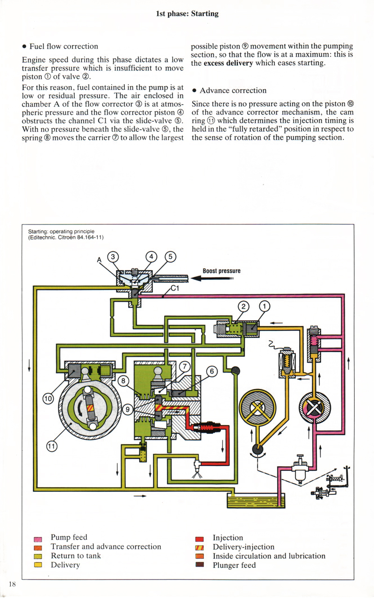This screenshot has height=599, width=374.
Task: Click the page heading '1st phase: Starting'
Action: click(187, 14)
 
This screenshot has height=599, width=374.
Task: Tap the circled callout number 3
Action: click(113, 257)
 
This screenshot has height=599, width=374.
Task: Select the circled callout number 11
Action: click(51, 446)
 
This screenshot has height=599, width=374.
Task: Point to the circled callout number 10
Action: click(48, 399)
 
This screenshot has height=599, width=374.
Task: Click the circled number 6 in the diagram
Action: click(212, 371)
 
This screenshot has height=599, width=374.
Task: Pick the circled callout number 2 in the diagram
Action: click(243, 306)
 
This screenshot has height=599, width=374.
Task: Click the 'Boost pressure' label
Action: click(221, 271)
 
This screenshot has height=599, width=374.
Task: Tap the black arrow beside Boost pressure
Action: click(212, 278)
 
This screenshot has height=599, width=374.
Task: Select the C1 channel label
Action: click(174, 288)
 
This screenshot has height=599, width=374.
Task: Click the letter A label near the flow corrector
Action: click(100, 260)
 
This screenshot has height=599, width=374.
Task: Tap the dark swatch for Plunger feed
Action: click(200, 564)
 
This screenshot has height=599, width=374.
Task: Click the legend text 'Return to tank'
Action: click(76, 556)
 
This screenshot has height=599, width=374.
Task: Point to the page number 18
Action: click(12, 584)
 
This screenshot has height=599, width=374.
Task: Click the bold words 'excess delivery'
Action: click(228, 63)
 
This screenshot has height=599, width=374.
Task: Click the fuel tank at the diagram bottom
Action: click(256, 501)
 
